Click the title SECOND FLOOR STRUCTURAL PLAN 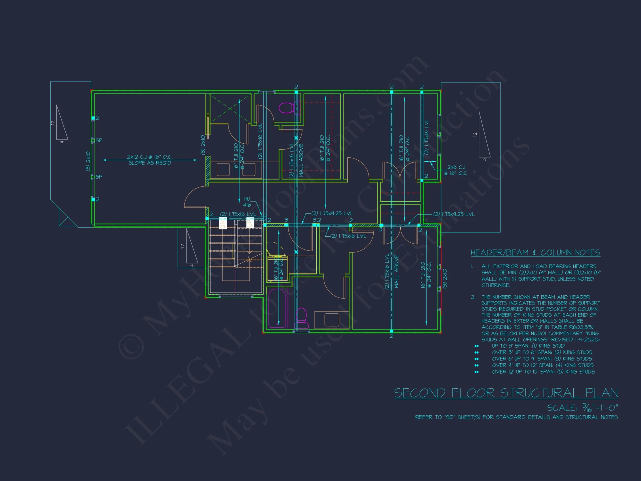506,393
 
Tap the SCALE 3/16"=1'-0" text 582,408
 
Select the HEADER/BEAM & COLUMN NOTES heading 535,253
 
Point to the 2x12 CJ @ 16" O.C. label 150,157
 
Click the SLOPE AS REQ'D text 150,163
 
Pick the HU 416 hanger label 247,202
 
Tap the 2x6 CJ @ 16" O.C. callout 456,170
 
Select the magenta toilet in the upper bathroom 286,107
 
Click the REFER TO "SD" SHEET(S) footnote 516,417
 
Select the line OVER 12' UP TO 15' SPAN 543,372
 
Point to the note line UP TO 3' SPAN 528,346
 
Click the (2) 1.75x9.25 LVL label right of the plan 454,214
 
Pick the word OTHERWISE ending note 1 495,285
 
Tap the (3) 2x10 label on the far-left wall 88,161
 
